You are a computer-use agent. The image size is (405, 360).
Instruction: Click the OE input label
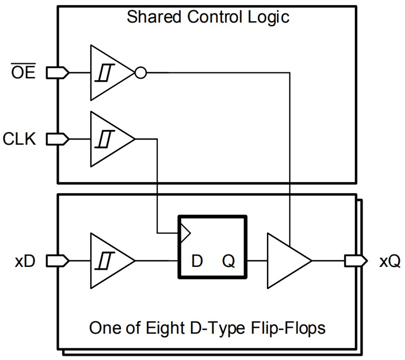coord(23,72)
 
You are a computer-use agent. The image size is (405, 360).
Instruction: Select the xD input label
coord(25,261)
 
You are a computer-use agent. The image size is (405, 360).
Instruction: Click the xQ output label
coord(389,261)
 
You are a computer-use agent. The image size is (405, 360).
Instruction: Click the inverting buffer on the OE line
coord(110,72)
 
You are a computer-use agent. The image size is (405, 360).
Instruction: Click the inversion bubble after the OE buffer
coord(141,72)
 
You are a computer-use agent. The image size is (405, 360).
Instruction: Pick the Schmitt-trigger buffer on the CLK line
coord(110,139)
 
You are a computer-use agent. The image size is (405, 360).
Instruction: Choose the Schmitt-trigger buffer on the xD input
coord(110,261)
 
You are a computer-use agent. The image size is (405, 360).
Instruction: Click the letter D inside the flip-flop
coord(197,261)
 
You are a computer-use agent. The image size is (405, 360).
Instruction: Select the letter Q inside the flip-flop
coord(229,261)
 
